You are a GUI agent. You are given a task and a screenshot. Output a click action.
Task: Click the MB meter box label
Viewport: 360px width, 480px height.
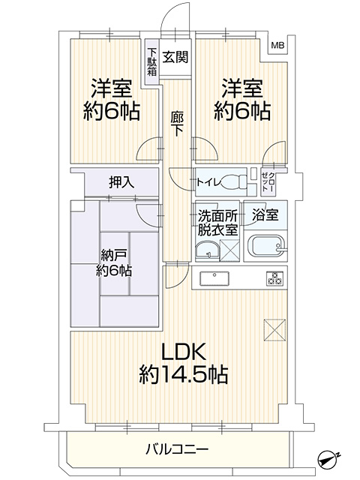(277, 46)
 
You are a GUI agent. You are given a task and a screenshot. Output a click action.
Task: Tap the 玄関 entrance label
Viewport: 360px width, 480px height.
(175, 57)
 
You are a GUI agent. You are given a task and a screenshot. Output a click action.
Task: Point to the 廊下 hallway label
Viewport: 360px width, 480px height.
(177, 123)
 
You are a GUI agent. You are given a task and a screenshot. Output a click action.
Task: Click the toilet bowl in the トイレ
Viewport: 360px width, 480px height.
(233, 181)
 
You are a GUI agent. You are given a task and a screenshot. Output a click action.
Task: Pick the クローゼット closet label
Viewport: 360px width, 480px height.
(268, 182)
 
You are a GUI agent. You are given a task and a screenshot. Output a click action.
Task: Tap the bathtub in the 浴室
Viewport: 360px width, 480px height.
(267, 246)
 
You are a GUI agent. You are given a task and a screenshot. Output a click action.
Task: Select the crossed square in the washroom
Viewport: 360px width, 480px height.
(229, 250)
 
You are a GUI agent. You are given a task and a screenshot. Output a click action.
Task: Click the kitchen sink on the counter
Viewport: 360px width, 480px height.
(214, 278)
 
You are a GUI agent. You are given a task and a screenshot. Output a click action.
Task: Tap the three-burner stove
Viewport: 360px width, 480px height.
(274, 278)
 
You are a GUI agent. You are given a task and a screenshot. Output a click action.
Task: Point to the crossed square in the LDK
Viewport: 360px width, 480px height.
(274, 330)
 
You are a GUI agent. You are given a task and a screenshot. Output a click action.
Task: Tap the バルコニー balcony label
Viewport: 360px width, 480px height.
(177, 449)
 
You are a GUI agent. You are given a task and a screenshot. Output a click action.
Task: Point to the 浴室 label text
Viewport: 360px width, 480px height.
(265, 214)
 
